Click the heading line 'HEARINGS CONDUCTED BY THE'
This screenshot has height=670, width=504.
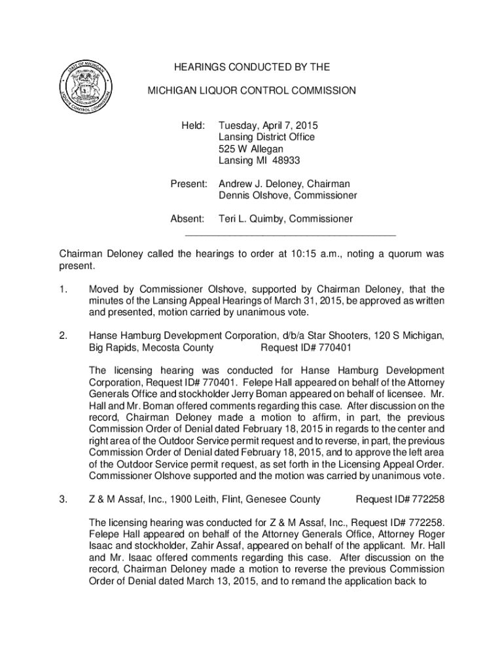(x=251, y=67)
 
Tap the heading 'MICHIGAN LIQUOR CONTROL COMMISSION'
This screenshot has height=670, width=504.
(x=251, y=91)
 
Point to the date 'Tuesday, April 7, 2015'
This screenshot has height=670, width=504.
(x=268, y=125)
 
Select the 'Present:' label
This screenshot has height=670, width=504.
(x=189, y=185)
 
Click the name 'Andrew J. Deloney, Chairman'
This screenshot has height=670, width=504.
(x=284, y=185)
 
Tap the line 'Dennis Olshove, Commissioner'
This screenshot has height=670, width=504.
(x=287, y=196)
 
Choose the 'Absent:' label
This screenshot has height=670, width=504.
(x=188, y=219)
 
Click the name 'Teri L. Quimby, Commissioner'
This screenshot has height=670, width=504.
(x=285, y=219)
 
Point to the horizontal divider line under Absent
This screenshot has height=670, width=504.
(x=291, y=234)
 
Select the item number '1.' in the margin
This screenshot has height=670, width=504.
(x=63, y=289)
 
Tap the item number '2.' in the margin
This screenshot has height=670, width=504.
(x=63, y=336)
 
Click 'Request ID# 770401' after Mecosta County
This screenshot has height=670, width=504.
(x=306, y=347)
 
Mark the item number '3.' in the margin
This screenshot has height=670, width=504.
(x=63, y=499)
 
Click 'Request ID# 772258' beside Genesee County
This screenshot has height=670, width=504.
(x=400, y=499)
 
